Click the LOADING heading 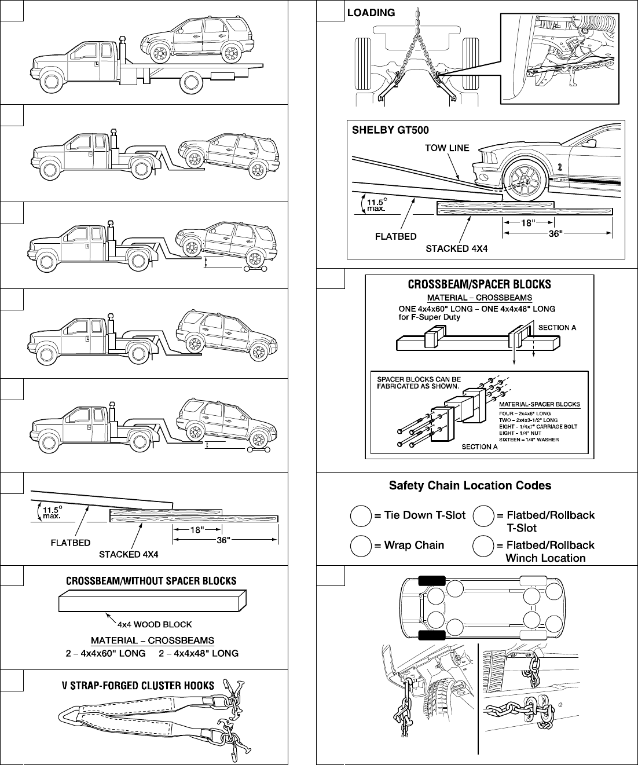click(371, 12)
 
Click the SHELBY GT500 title click(390, 130)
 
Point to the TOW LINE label click(446, 148)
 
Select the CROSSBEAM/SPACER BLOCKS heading click(479, 284)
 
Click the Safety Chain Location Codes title click(470, 485)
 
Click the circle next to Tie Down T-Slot click(361, 515)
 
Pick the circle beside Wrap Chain click(361, 546)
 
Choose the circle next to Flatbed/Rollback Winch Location click(483, 546)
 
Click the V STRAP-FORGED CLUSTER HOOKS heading click(138, 686)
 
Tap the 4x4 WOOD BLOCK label click(155, 624)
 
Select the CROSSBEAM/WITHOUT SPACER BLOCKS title click(151, 581)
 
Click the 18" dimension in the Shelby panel click(526, 222)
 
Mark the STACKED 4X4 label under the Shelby click(457, 248)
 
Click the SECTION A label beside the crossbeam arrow click(557, 327)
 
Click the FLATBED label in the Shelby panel click(396, 236)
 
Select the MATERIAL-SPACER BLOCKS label click(540, 404)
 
